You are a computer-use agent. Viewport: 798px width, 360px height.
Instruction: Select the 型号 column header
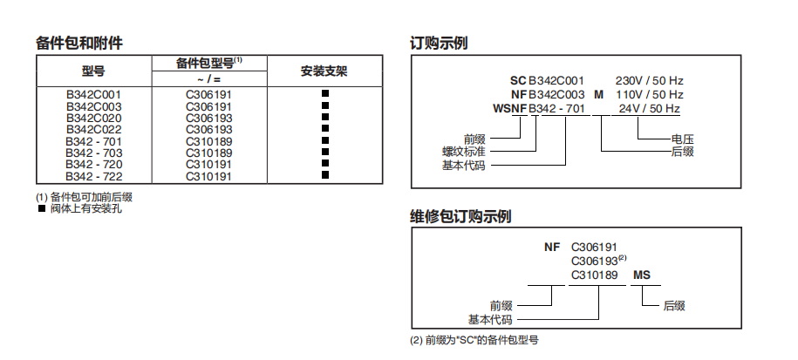coord(92,71)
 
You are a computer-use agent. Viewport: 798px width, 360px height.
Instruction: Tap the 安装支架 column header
coord(324,71)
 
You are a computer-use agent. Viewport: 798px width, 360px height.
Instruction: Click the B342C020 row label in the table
coord(93,117)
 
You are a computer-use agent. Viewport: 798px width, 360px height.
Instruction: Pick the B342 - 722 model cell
coord(93,176)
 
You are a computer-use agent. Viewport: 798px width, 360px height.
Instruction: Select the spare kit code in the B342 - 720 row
coord(208,164)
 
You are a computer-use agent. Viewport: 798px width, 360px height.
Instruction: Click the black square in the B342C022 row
coord(324,128)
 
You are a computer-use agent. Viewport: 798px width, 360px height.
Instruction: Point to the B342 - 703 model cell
coord(93,153)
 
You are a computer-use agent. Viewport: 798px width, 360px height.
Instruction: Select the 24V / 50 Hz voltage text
coord(650,108)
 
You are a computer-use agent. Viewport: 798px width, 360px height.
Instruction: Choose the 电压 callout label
coord(682,138)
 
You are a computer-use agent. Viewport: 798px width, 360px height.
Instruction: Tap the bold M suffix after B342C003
coord(598,94)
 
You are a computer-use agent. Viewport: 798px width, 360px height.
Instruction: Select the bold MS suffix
coord(642,275)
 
